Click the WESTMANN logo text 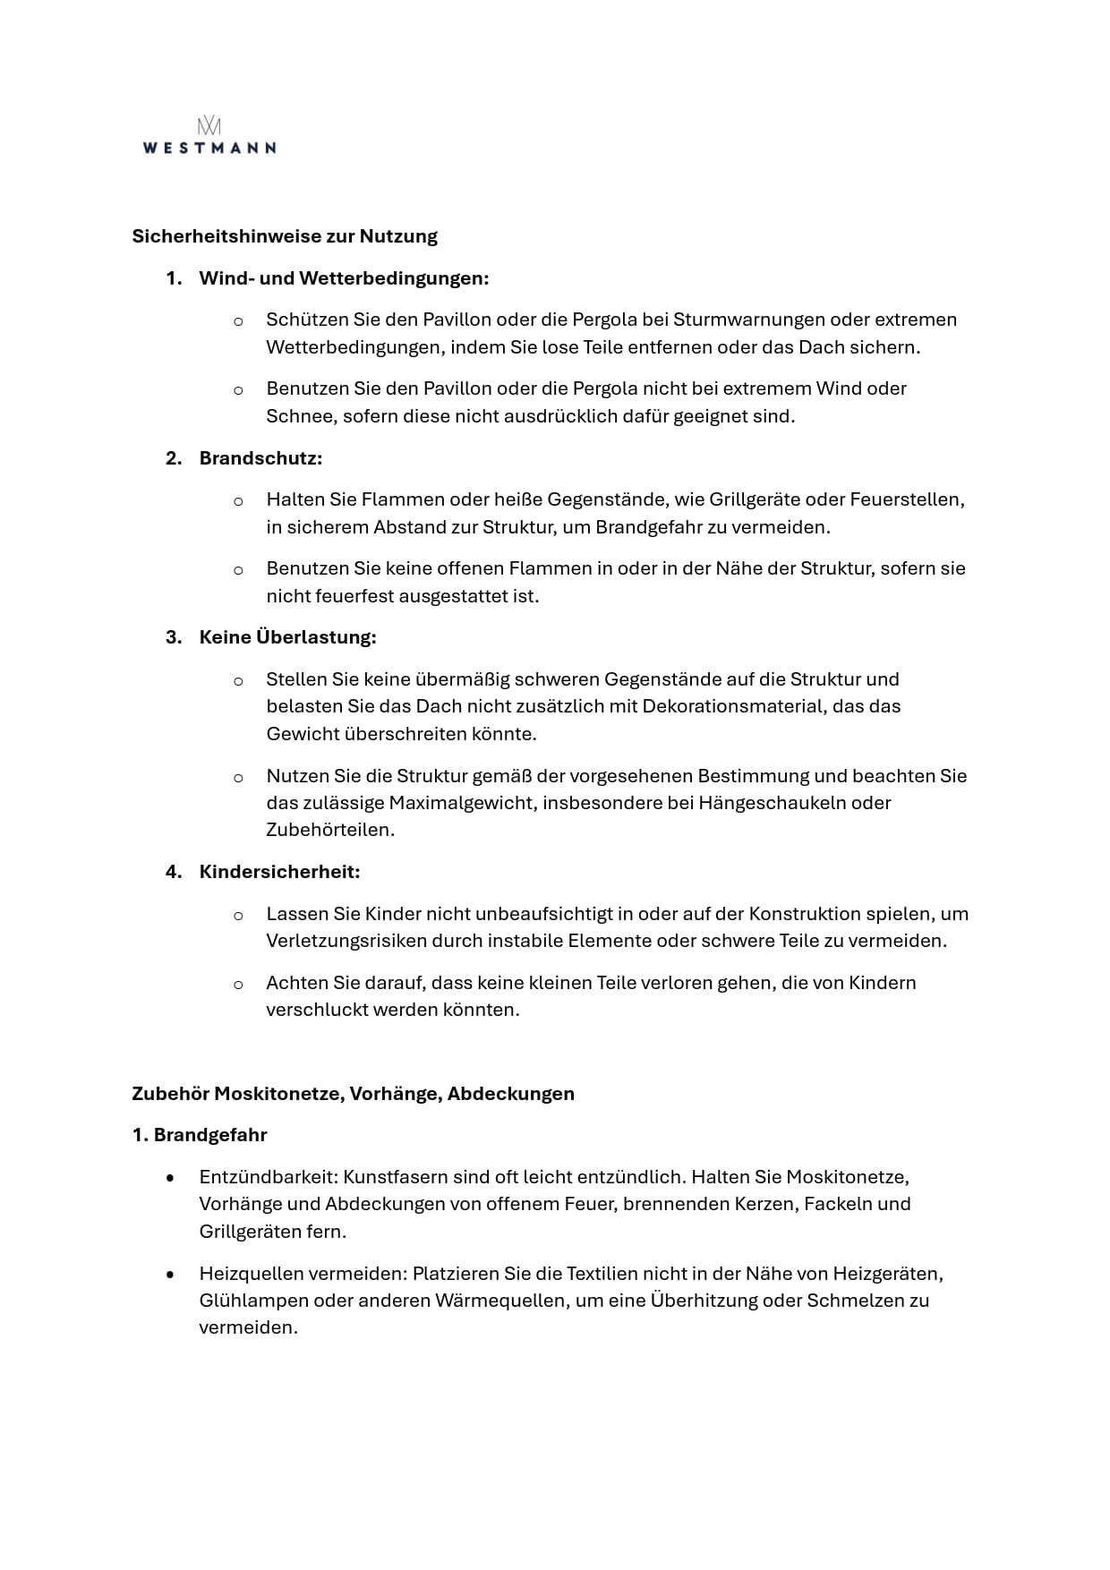click(209, 148)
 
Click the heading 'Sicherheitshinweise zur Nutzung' click(285, 236)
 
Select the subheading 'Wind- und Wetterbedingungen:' click(344, 278)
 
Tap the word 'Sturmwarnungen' click(748, 320)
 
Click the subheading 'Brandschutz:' click(260, 458)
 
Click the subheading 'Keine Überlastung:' click(287, 637)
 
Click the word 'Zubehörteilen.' click(330, 830)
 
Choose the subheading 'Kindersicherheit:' click(279, 872)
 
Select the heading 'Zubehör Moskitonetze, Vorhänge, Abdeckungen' click(353, 1094)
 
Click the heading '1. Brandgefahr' click(200, 1135)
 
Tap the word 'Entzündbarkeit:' click(269, 1177)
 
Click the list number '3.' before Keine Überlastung click(174, 637)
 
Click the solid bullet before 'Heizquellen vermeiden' click(170, 1274)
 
